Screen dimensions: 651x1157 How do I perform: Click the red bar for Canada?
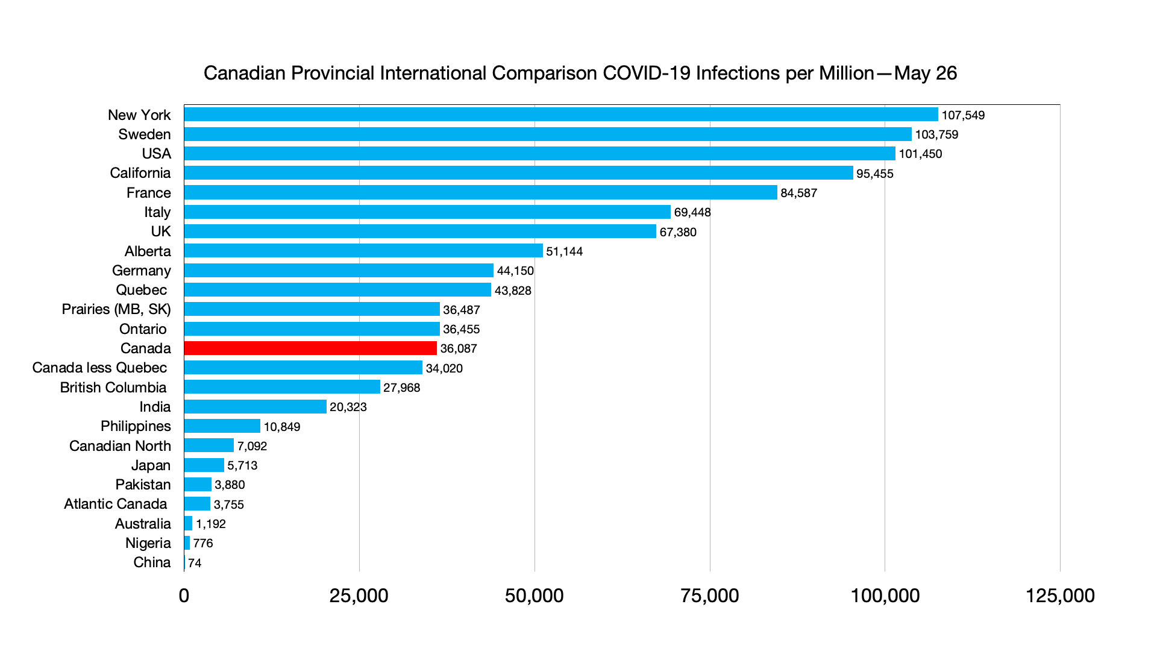coord(310,348)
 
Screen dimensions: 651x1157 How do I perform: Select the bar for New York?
coord(560,115)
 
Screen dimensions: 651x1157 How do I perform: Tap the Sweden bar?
coord(547,134)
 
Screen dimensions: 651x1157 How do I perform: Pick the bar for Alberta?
coord(363,251)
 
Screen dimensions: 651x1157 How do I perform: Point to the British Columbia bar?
coord(282,387)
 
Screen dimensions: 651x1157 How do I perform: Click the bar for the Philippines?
coord(222,426)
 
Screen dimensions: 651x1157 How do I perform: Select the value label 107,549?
coord(963,115)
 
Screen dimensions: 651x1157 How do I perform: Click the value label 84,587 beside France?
coord(798,193)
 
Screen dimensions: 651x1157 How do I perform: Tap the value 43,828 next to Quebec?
coord(513,291)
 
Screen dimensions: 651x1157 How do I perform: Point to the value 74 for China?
coord(195,563)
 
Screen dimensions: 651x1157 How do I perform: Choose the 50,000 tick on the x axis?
coord(534,596)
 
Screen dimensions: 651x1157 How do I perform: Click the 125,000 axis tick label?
coord(1060,596)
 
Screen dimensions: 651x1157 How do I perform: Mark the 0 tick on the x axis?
coord(184,596)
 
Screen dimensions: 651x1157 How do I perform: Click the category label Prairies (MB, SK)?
coord(116,309)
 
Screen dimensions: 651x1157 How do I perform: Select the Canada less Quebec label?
coord(99,368)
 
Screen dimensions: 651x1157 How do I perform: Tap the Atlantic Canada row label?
coord(115,504)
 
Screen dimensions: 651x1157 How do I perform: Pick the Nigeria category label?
coord(148,543)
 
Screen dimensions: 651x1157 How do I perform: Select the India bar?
coord(255,407)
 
